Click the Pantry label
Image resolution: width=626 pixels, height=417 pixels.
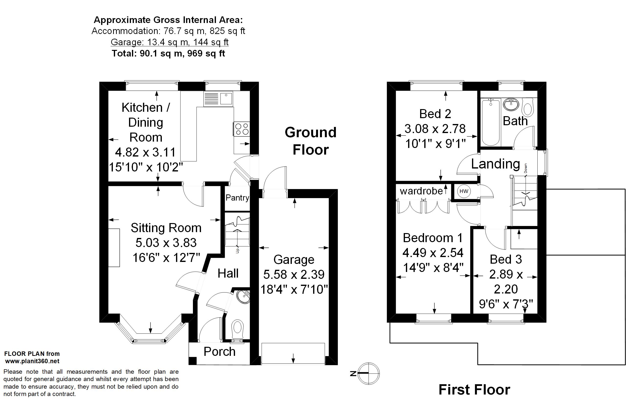(x=237, y=198)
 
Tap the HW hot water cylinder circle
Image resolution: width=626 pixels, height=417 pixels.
(x=464, y=191)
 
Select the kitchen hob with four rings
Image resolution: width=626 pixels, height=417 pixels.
(x=242, y=129)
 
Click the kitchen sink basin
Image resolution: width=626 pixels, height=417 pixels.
(x=226, y=98)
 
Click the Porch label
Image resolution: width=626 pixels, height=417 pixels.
(x=220, y=352)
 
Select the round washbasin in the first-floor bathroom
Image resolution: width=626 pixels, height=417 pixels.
(x=511, y=105)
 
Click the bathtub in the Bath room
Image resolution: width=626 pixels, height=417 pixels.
(x=491, y=122)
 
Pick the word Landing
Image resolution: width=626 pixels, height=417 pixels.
(x=496, y=164)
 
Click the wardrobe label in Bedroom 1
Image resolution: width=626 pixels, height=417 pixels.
(x=421, y=191)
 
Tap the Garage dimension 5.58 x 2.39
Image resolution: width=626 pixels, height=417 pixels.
(x=294, y=274)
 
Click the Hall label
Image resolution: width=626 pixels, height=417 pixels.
(x=228, y=273)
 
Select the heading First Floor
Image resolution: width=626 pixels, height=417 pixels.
(x=474, y=390)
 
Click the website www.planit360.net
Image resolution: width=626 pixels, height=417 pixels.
(x=32, y=361)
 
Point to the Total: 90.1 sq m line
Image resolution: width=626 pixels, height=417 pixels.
(x=168, y=54)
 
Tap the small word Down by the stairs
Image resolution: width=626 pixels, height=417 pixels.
(x=525, y=168)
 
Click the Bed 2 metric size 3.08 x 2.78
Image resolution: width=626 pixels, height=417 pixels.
(x=435, y=129)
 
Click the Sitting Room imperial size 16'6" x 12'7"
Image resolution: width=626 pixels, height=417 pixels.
(x=166, y=258)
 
